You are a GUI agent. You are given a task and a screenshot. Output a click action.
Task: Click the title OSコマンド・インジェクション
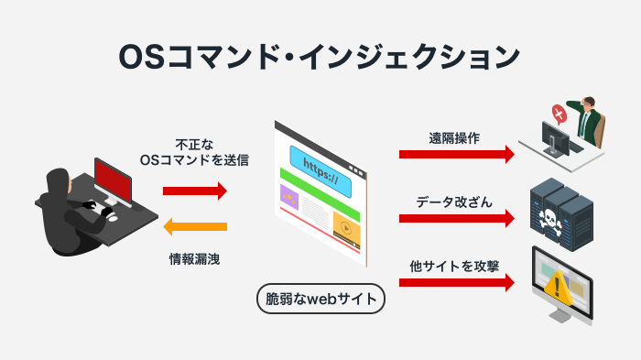[x=320, y=56]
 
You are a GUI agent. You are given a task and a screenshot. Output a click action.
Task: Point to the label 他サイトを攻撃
[x=455, y=266]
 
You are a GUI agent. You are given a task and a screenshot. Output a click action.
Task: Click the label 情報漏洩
[x=194, y=259]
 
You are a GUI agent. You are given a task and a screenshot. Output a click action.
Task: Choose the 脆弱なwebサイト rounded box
[x=320, y=299]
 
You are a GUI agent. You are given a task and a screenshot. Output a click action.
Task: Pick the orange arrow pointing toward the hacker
[x=194, y=227]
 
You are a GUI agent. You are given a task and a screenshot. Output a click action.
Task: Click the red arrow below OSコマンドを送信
[x=194, y=191]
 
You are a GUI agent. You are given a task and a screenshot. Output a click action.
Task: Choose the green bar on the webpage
[x=320, y=199]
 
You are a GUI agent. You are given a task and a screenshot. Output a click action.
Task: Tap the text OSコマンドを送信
[x=194, y=159]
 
